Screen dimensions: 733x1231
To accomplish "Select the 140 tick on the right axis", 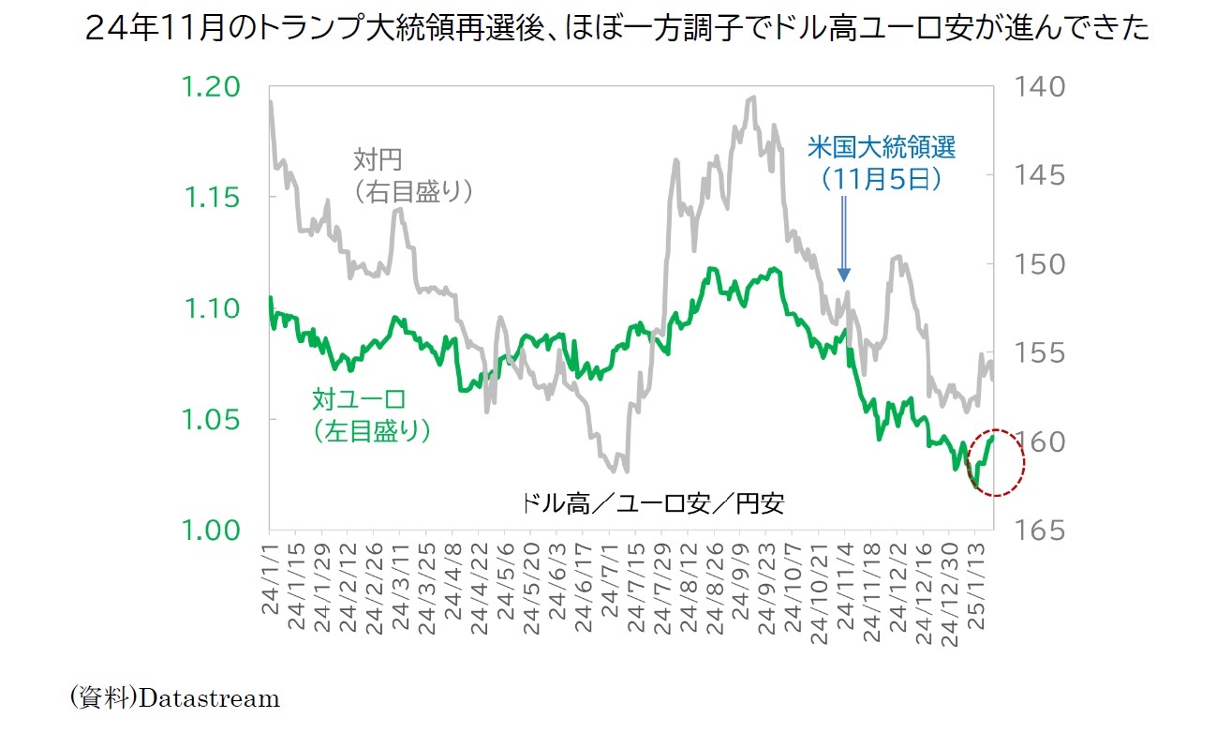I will coord(1037,87).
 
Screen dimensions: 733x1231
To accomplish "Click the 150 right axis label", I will coord(1037,264).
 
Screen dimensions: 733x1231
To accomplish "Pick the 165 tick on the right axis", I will coord(1037,531).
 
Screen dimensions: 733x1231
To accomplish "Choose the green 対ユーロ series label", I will coord(359,400).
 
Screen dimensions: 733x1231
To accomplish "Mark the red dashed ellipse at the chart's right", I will coord(994,462).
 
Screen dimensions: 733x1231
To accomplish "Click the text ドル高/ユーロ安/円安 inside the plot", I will coord(653,503).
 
